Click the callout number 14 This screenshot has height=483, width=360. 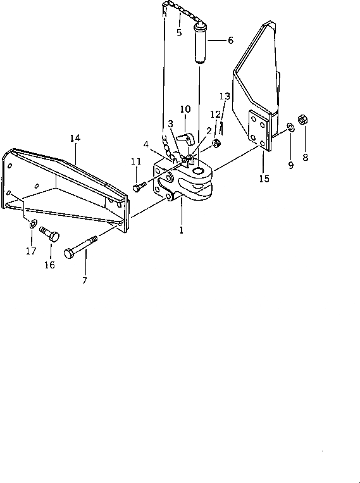[75, 138]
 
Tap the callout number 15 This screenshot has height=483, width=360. [264, 179]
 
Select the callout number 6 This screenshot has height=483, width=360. [230, 41]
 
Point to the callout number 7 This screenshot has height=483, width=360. [85, 280]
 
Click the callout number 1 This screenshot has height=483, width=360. [182, 230]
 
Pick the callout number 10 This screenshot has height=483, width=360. [185, 109]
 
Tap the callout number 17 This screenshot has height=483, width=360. [31, 251]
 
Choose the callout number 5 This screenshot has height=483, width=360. [179, 33]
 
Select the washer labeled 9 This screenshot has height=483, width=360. [290, 127]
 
